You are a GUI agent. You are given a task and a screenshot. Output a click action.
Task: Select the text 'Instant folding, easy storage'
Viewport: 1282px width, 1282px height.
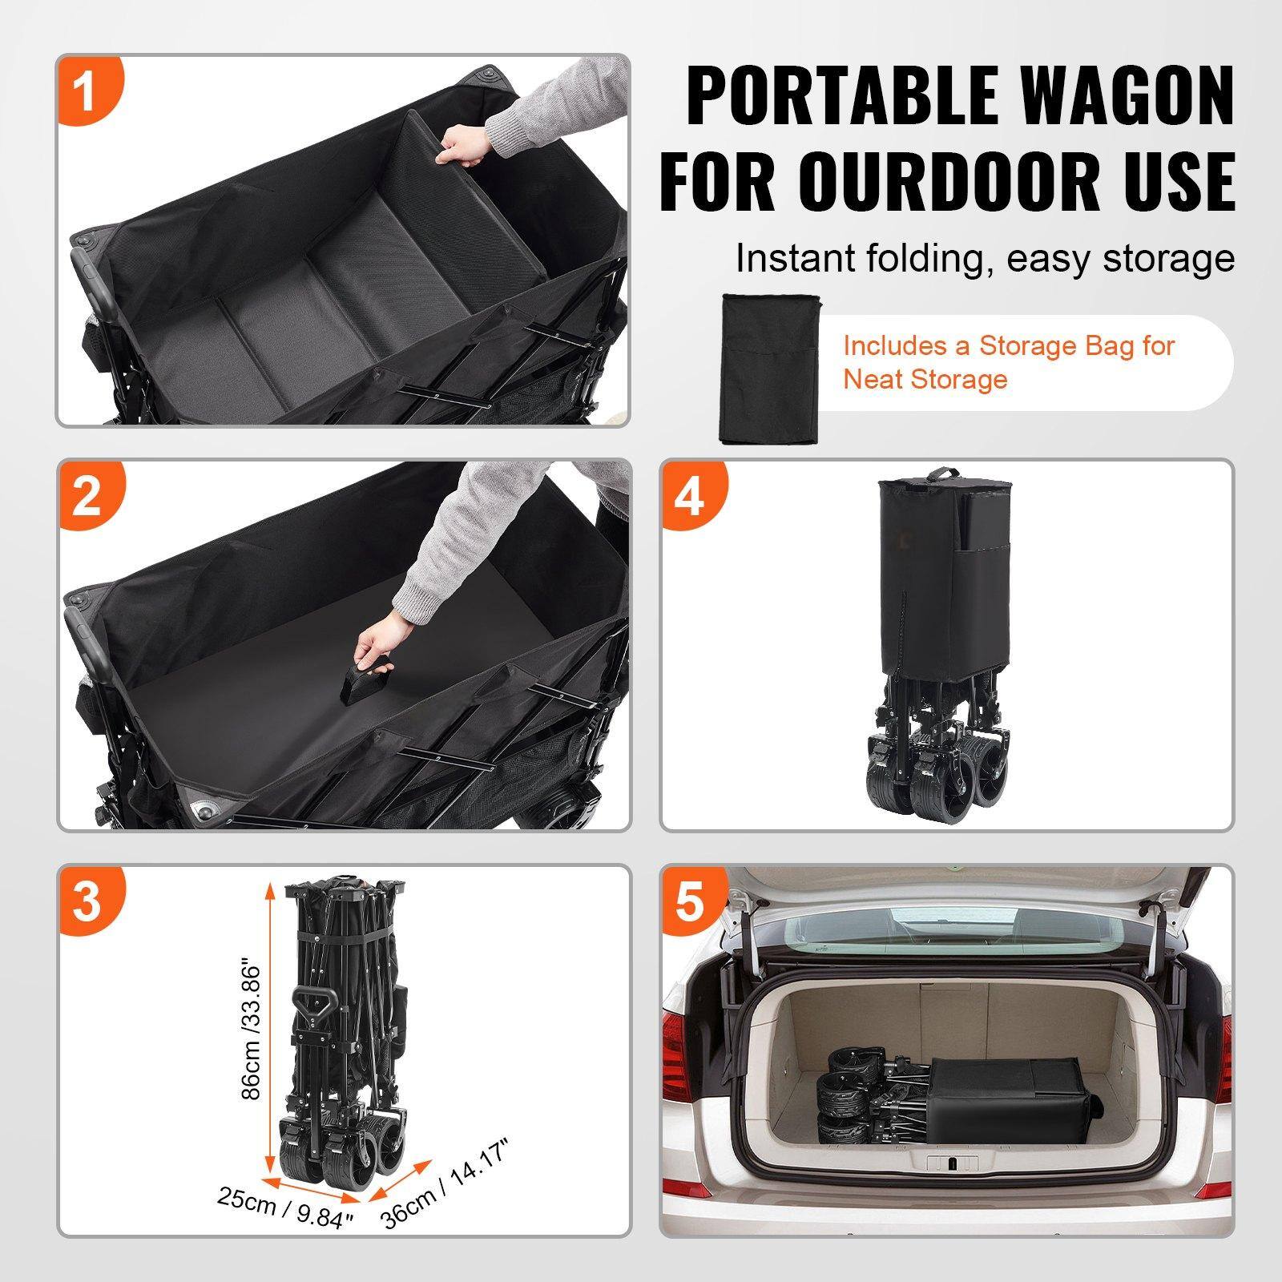985,258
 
